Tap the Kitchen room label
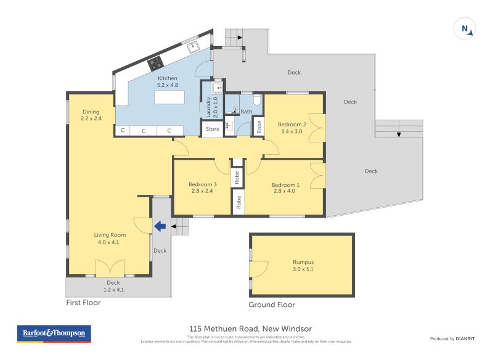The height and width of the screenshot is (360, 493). click(x=168, y=78)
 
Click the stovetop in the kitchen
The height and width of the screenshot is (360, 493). click(x=155, y=63)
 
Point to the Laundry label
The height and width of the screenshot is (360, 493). click(x=210, y=107)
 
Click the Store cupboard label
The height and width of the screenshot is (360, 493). click(x=213, y=129)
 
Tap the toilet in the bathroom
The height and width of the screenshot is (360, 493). click(x=258, y=99)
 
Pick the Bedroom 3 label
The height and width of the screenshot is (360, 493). click(x=202, y=184)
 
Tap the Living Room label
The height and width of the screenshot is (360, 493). click(x=110, y=235)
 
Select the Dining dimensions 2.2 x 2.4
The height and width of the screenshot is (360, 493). click(x=91, y=118)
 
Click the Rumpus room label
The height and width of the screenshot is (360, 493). click(x=303, y=262)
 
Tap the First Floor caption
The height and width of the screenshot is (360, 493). click(x=83, y=303)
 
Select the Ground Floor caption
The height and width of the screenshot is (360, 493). click(x=271, y=305)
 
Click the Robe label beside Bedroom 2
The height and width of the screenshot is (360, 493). click(x=259, y=126)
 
